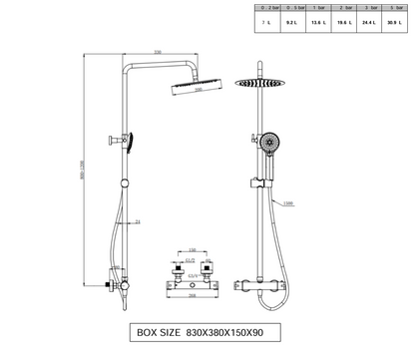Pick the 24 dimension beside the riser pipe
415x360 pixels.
137,221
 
